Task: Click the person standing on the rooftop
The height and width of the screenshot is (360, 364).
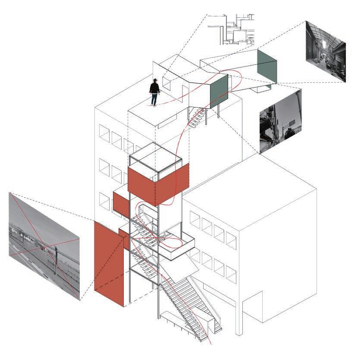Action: (x=154, y=92)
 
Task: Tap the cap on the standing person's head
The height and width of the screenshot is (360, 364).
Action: (x=155, y=80)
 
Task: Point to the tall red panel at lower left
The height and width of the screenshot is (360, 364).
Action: (x=109, y=263)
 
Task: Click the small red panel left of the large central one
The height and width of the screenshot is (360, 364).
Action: (x=120, y=202)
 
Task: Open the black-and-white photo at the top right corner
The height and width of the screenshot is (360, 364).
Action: (x=325, y=51)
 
